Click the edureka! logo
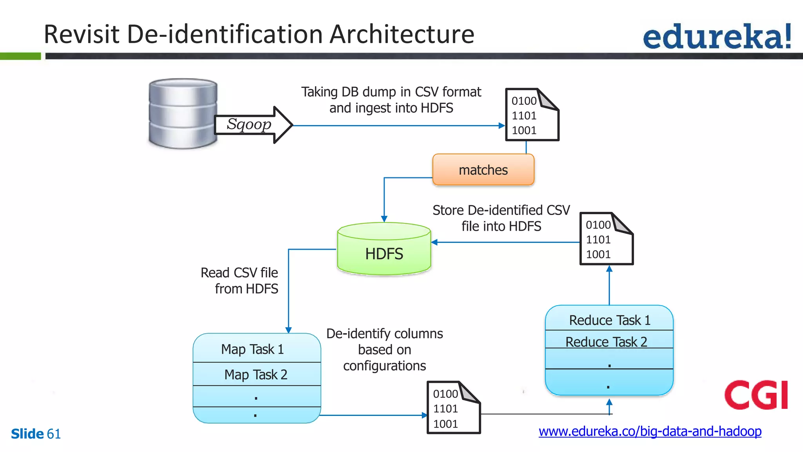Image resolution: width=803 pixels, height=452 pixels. (x=717, y=36)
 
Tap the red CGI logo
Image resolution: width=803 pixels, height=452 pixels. (x=756, y=395)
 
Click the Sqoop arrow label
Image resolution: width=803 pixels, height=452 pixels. (x=249, y=124)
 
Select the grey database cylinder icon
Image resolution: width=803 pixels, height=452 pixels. (x=183, y=113)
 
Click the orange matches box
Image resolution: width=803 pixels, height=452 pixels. (x=483, y=170)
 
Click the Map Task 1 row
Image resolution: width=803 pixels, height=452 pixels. (x=253, y=349)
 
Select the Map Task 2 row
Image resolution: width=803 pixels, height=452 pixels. (x=256, y=374)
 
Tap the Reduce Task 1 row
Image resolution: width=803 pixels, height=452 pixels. (x=609, y=320)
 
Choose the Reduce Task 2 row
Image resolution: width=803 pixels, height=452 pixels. (x=606, y=341)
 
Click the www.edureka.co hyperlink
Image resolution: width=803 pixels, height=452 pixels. (x=650, y=431)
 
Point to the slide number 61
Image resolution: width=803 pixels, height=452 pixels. (x=54, y=434)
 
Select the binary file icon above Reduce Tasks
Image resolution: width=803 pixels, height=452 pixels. (x=606, y=239)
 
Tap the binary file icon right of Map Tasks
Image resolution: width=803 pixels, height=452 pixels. (x=453, y=408)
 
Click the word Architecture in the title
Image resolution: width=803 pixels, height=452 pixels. (x=401, y=34)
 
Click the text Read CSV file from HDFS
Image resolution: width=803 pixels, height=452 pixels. (x=239, y=281)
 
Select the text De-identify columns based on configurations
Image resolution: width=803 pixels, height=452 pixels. (x=384, y=350)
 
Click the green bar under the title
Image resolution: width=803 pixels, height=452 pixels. (x=20, y=56)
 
